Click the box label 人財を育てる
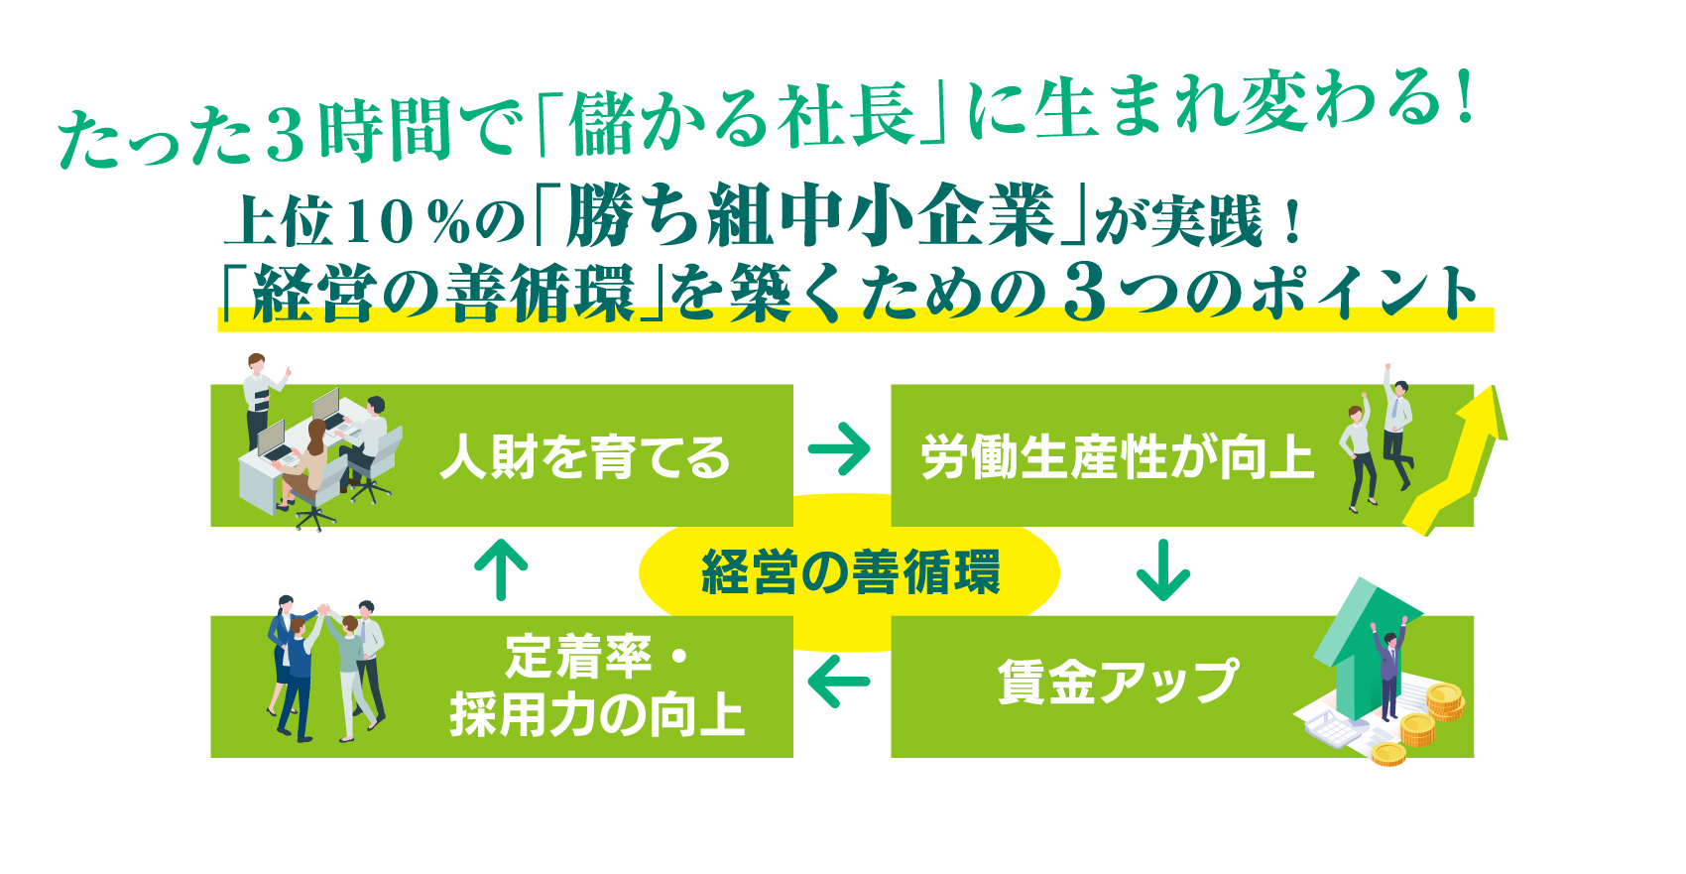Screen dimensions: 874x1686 coord(585,457)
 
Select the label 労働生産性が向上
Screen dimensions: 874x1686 coord(1117,457)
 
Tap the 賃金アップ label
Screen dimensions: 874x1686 coord(1118,682)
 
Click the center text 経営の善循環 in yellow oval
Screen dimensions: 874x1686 coord(850,572)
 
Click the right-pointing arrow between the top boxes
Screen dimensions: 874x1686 coord(839,449)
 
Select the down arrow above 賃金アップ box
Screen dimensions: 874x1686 coord(1162,570)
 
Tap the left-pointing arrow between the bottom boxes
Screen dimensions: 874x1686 coord(839,682)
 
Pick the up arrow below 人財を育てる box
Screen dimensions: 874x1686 coord(501,569)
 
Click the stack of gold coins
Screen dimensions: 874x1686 coord(1444,701)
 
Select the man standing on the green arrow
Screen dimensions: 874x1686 coord(1388,670)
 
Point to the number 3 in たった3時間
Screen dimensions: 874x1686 coord(286,135)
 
